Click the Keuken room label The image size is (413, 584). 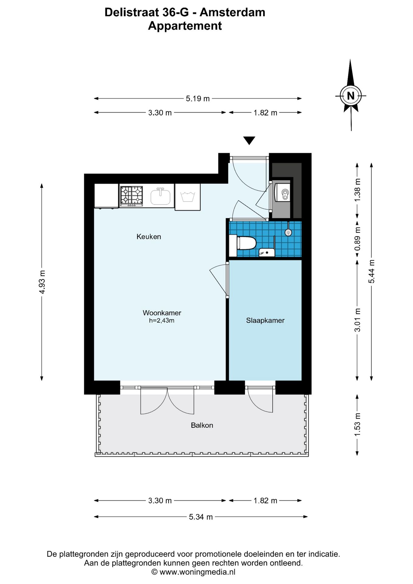[149, 237]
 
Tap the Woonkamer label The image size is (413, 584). [162, 313]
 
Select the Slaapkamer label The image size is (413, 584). [265, 320]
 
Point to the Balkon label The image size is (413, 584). [202, 425]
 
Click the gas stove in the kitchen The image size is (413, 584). [131, 196]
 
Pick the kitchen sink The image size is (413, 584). [160, 196]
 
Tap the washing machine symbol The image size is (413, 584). [187, 197]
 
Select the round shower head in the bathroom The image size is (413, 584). [288, 232]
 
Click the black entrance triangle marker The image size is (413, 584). [249, 140]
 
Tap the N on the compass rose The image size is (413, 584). [351, 96]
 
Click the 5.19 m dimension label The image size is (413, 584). [198, 99]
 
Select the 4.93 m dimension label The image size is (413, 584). [42, 282]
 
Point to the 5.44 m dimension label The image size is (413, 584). [371, 272]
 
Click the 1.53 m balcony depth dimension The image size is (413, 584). [357, 425]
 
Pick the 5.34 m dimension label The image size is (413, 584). [201, 517]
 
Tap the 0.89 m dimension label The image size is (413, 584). [357, 239]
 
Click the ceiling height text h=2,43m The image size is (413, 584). [161, 321]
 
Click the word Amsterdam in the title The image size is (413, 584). [232, 12]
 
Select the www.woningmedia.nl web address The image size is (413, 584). [197, 572]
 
